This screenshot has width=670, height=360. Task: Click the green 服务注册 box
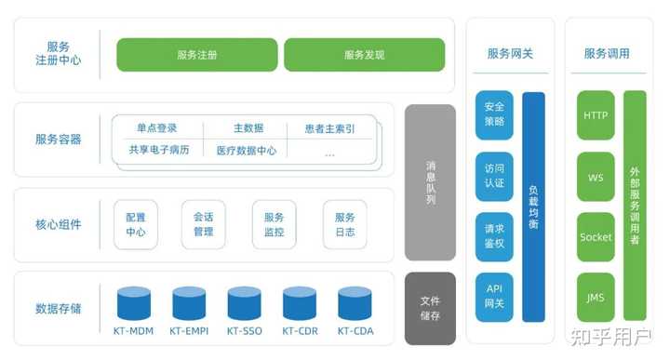196,55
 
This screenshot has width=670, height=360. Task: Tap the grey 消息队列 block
430,182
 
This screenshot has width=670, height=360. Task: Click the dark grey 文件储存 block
430,308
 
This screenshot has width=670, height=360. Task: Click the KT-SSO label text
245,330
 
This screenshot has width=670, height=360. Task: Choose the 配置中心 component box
136,224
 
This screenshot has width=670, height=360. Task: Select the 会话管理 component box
204,224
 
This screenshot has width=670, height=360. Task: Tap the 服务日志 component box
344,224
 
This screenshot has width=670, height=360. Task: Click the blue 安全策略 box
494,114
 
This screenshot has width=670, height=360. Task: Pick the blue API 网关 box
494,297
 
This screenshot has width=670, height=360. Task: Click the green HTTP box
596,115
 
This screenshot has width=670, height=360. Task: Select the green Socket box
596,237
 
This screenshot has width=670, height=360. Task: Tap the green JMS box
596,298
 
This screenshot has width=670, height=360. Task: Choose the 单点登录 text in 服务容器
156,128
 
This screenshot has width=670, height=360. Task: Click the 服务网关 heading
510,53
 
